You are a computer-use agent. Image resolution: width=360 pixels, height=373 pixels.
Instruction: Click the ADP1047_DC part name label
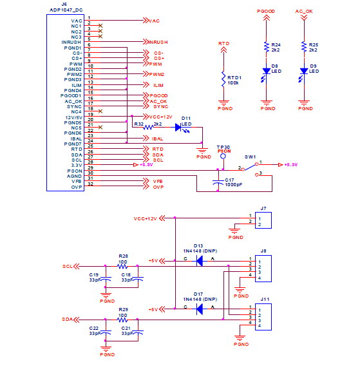(65, 11)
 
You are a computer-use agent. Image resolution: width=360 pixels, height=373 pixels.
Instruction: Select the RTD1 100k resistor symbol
(223, 79)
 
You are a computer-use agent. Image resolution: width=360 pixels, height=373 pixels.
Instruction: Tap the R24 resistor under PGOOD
(266, 46)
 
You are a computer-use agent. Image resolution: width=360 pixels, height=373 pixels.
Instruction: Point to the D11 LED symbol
(180, 128)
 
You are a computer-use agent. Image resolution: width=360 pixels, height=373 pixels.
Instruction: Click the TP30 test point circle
(223, 156)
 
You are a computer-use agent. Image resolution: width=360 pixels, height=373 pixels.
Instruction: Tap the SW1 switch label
(250, 157)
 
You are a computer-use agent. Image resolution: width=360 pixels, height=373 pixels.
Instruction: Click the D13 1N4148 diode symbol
(199, 260)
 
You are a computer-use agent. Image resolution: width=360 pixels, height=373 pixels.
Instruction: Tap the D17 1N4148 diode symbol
(199, 309)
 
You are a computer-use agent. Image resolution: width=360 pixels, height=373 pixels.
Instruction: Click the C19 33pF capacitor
(108, 279)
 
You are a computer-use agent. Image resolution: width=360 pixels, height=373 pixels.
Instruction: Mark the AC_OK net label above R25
(304, 12)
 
